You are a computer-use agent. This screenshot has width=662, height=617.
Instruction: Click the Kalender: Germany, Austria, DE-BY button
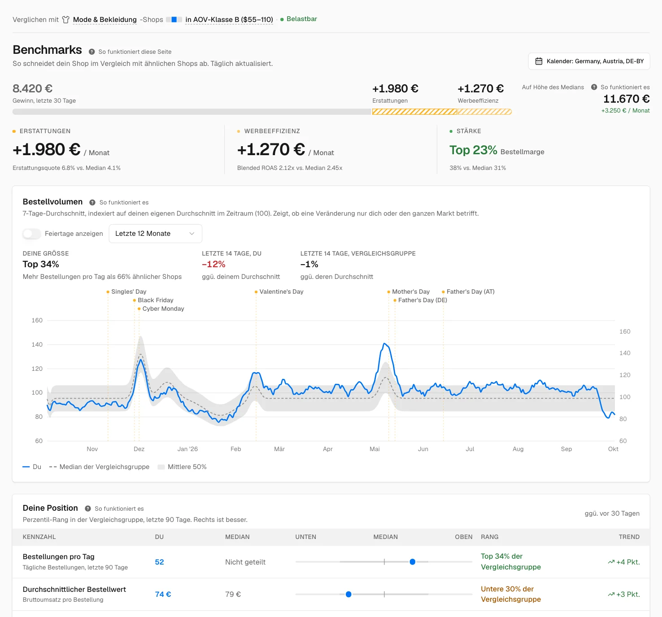588,61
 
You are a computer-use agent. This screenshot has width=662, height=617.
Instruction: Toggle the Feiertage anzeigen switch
32,234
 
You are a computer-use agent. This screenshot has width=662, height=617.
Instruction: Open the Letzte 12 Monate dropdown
155,234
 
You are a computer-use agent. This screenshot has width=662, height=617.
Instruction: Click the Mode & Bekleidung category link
105,19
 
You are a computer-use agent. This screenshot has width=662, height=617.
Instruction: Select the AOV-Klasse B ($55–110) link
229,19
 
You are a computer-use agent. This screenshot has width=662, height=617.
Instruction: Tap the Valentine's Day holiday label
281,291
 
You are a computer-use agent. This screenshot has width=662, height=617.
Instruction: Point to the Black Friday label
155,300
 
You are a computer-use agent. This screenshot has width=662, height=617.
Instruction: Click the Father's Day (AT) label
470,291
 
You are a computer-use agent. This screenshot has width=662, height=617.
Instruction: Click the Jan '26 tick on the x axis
187,449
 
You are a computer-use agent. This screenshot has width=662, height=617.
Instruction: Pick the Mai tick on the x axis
375,449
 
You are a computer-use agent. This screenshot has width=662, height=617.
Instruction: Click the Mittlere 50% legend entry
182,467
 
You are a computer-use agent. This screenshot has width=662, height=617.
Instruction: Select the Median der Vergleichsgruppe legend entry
99,467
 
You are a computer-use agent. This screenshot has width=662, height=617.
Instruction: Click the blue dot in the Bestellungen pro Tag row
412,562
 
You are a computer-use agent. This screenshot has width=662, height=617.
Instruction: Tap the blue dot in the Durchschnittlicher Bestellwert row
348,594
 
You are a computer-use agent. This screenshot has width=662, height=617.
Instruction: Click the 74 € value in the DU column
163,594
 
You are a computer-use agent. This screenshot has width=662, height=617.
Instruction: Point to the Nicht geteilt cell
245,562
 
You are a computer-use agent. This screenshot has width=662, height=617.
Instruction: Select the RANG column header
489,537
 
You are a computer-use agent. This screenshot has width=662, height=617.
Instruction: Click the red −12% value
213,264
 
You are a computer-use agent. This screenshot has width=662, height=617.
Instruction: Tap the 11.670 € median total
626,99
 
